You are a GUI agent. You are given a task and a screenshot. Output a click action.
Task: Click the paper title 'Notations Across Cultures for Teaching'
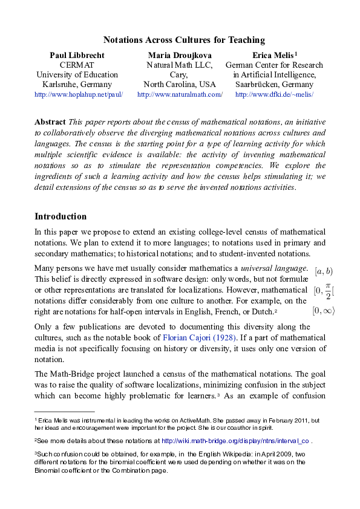[x=184, y=41]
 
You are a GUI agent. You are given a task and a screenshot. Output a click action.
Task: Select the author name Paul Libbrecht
[x=77, y=56]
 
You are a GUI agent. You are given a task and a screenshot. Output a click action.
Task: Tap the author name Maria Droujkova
[x=180, y=56]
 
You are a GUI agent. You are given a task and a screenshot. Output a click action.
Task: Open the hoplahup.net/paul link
[x=79, y=95]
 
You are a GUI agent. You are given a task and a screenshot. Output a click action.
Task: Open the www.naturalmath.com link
[x=180, y=95]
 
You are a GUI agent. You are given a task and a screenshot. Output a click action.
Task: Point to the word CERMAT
[x=77, y=65]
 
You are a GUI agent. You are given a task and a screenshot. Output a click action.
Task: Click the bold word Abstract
[x=50, y=122]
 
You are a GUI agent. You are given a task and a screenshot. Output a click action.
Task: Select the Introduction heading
[x=61, y=216]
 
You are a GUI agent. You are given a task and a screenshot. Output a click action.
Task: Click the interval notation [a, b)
[x=324, y=272]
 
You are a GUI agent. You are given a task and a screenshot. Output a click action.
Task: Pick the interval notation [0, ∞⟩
[x=323, y=311]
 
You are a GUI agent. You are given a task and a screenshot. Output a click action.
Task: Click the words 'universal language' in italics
[x=274, y=268]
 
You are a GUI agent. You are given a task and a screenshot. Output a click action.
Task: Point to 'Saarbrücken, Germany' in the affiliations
[x=274, y=85]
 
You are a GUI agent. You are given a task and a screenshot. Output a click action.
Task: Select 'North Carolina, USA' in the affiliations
[x=180, y=85]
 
